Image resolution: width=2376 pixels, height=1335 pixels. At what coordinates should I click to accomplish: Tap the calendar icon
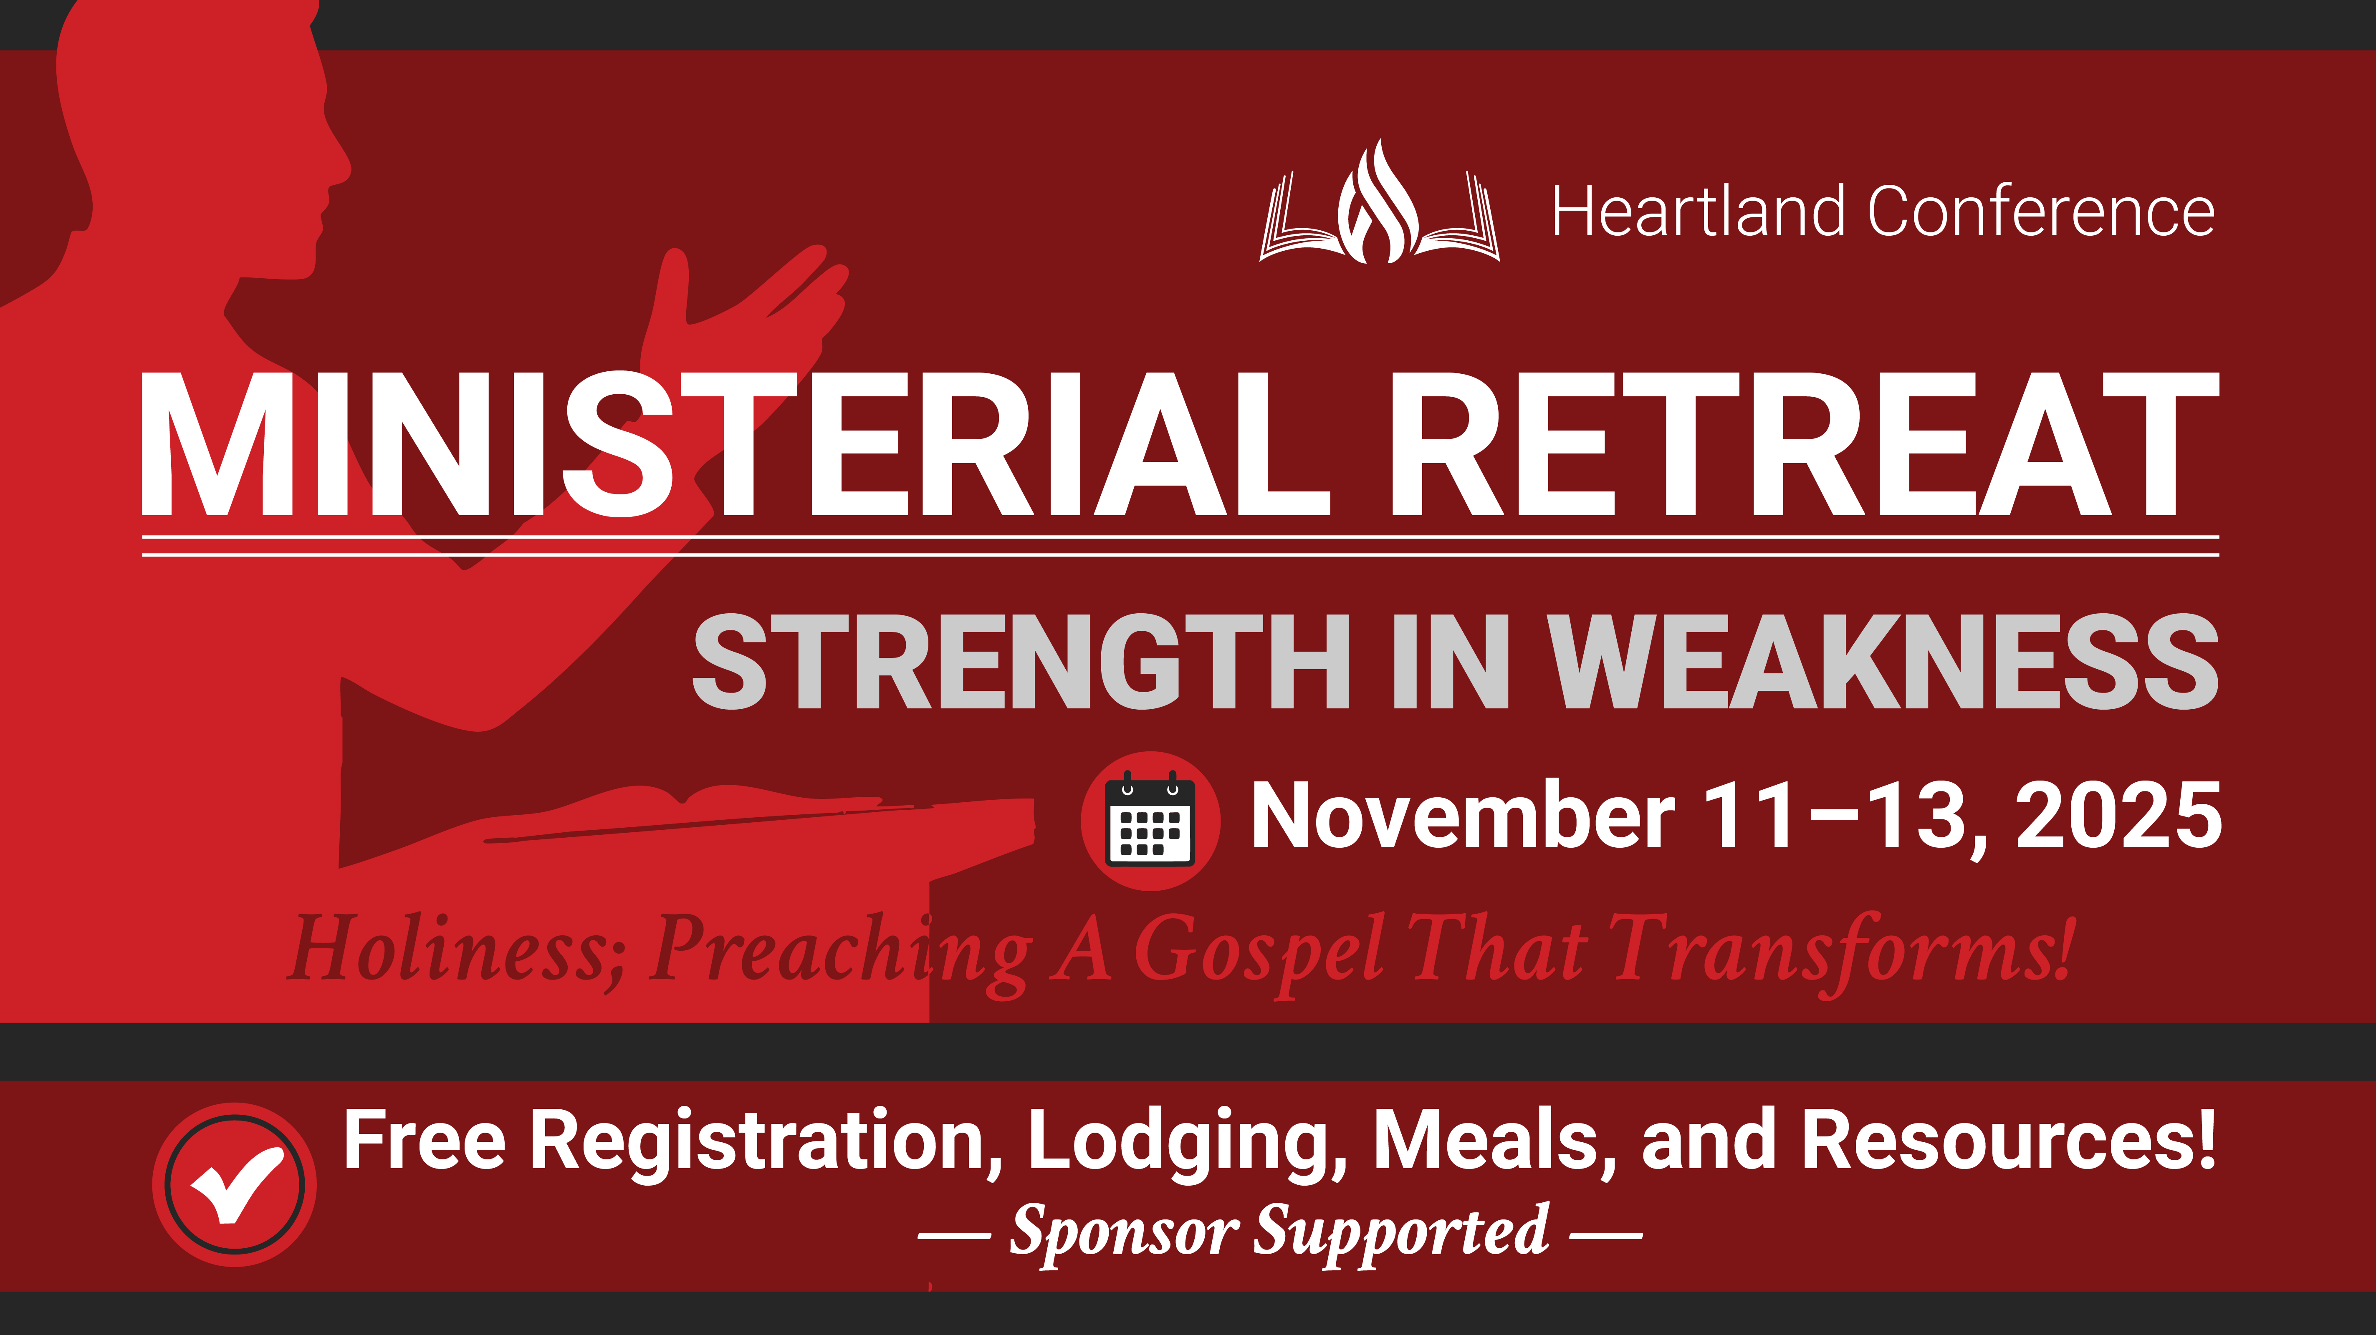tap(1150, 821)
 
